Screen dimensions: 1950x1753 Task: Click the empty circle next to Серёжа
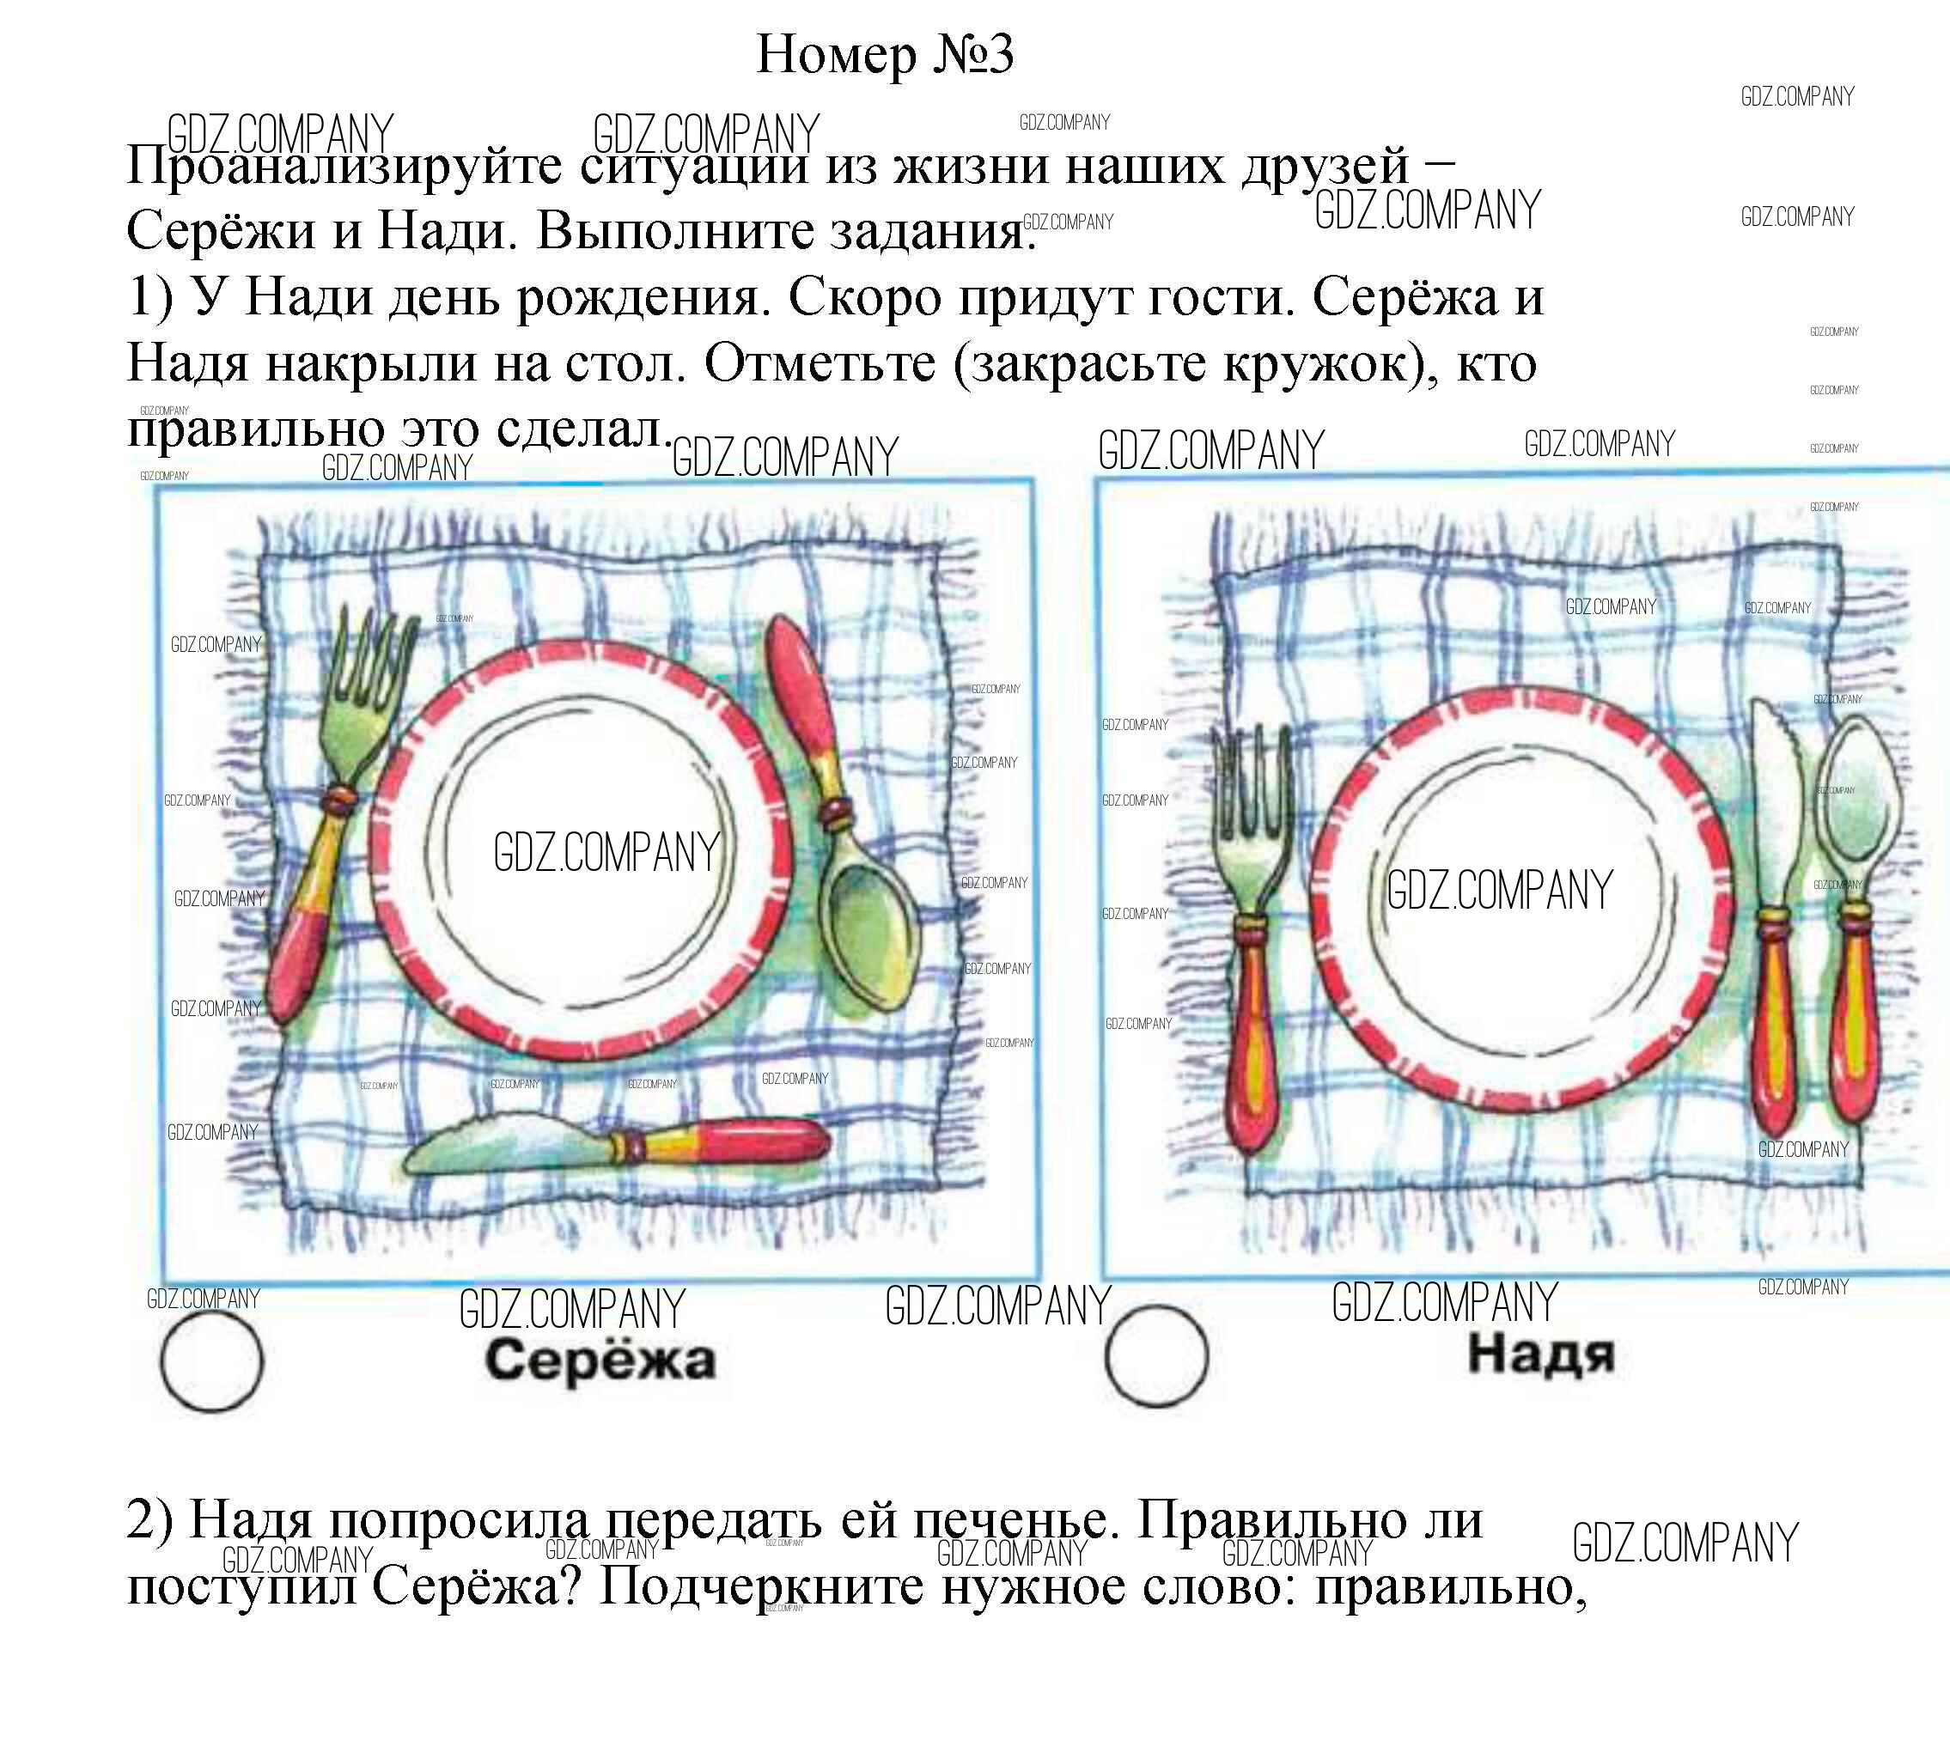coord(211,1362)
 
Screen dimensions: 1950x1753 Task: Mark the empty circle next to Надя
coord(1156,1356)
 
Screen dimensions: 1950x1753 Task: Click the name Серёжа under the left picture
coord(600,1360)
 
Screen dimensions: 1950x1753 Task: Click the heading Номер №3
coord(885,54)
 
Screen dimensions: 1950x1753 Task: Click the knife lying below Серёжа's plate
coord(617,1143)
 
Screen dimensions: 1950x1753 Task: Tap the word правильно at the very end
coord(1451,1586)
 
